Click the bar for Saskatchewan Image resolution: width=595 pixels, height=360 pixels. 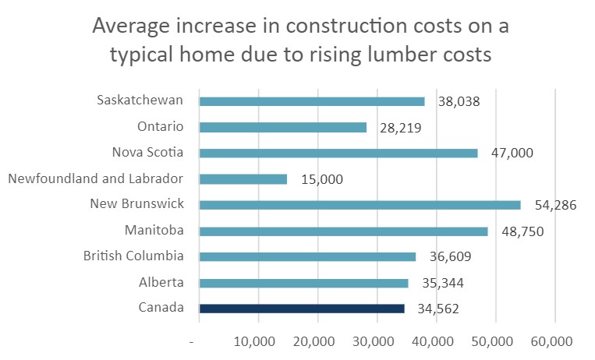tap(312, 101)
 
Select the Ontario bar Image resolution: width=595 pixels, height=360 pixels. tap(282, 127)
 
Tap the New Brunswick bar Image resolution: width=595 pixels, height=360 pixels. tap(359, 205)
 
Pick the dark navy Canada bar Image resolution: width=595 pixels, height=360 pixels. tap(302, 309)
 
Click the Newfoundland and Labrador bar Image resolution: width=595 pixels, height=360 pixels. tap(243, 179)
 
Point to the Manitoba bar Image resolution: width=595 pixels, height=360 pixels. tap(343, 231)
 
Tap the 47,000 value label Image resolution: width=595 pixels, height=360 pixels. tap(512, 154)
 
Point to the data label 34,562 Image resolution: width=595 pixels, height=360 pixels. tap(437, 309)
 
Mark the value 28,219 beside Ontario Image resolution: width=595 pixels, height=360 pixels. tap(401, 128)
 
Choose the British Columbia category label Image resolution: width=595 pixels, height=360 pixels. tap(134, 256)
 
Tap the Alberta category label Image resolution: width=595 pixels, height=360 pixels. tap(161, 281)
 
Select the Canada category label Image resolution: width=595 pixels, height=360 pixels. tap(161, 308)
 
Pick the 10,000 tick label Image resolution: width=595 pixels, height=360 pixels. tap(257, 342)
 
